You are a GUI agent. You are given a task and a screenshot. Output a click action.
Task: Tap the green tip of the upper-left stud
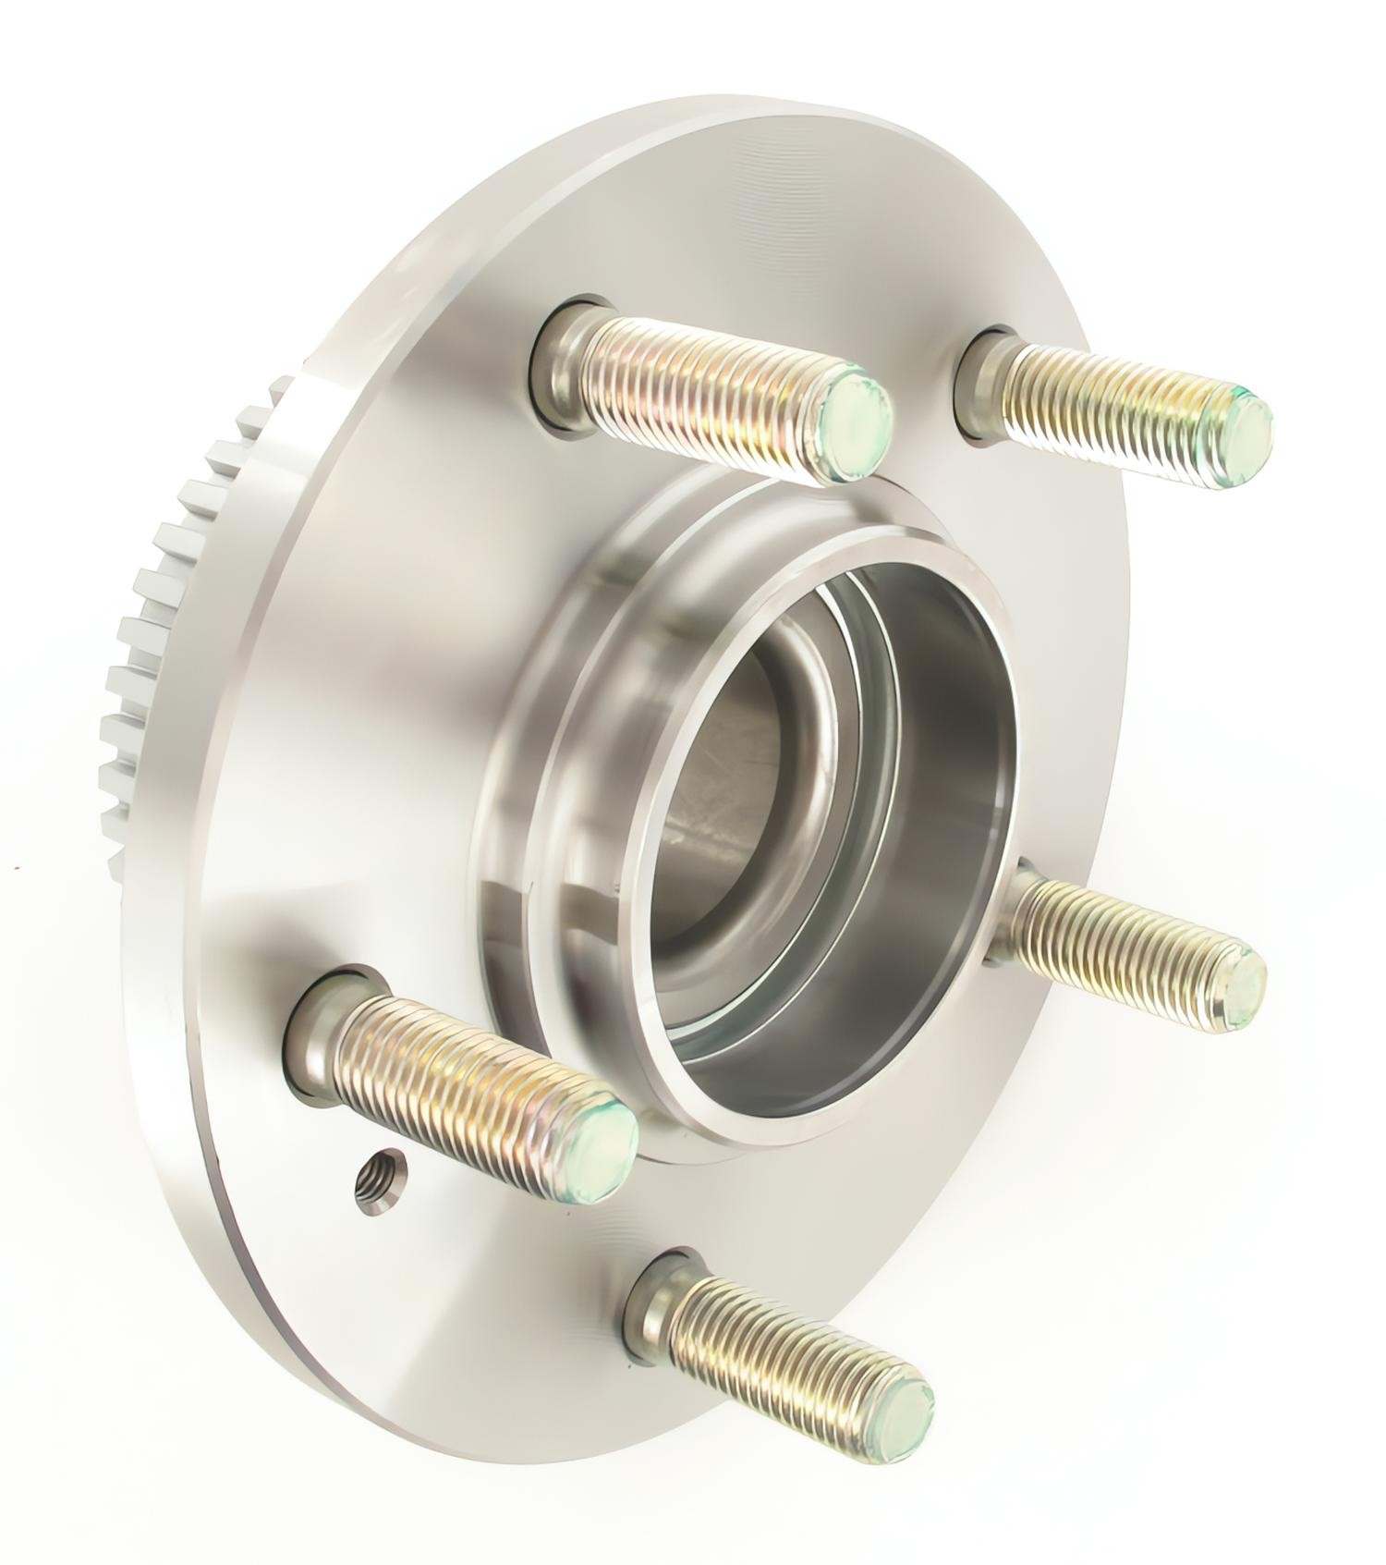[x=855, y=422]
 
